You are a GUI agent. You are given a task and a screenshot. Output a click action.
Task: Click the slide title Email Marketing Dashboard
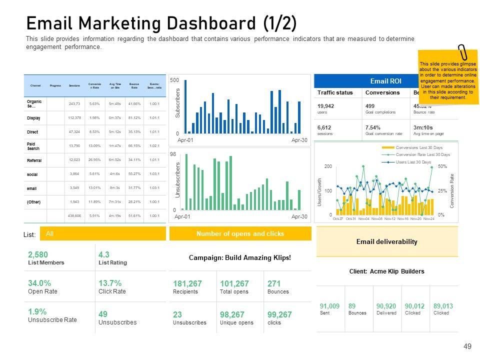161,23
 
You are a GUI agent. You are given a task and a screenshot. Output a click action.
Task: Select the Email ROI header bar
385,81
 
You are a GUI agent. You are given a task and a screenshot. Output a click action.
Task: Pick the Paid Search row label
33,146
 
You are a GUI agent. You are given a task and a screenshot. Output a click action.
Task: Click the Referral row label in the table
34,160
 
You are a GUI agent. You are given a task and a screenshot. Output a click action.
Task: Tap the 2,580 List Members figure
38,254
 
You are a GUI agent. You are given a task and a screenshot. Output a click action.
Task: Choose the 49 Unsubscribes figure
103,314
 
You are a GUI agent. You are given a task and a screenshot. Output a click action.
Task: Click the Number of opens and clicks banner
240,233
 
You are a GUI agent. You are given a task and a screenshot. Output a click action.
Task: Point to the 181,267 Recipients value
187,283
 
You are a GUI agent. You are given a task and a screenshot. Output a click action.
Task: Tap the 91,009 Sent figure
329,306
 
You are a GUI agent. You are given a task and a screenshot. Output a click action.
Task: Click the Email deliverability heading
386,241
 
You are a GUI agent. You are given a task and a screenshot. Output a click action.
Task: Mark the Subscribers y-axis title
177,103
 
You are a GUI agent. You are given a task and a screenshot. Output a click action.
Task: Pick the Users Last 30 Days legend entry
413,162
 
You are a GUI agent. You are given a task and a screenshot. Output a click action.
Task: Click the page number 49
468,346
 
